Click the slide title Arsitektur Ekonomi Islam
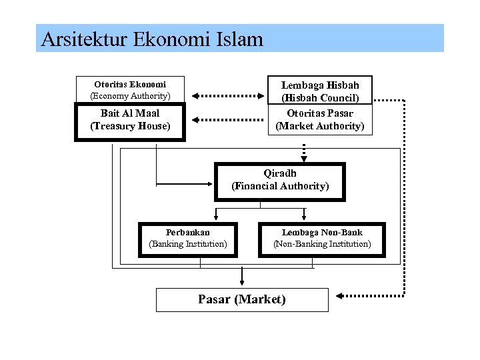152,39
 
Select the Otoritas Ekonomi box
130,90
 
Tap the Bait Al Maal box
130,120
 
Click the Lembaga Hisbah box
320,91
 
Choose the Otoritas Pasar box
320,120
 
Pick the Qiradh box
280,181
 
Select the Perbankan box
188,239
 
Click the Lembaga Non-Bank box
322,239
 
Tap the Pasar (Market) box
242,299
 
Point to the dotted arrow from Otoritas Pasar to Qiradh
304,151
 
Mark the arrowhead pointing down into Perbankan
215,215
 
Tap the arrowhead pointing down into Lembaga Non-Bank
304,215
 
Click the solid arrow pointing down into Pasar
242,277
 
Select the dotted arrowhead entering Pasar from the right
341,295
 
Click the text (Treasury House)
130,126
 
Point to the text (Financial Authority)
280,186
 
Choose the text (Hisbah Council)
320,97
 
